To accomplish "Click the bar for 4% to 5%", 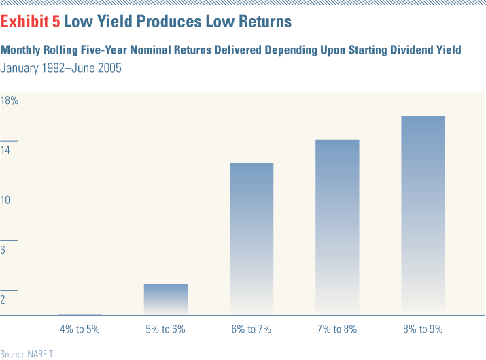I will click(80, 314).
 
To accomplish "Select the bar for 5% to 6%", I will click(166, 299).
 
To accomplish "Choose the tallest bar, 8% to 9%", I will click(423, 214).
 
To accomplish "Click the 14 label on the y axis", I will click(6, 150).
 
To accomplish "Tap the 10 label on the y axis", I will click(6, 201).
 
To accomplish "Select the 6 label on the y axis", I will click(3, 250).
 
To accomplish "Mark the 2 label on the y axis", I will click(3, 300).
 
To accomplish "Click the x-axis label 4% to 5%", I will click(80, 329).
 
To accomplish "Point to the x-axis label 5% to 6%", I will click(166, 329).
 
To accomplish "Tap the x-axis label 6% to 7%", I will click(251, 329).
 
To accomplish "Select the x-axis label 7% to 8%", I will click(337, 329).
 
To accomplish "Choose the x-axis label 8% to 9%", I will click(423, 329).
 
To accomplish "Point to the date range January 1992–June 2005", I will click(61, 68).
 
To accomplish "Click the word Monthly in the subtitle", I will click(21, 50).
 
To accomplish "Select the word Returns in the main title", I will click(262, 22).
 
